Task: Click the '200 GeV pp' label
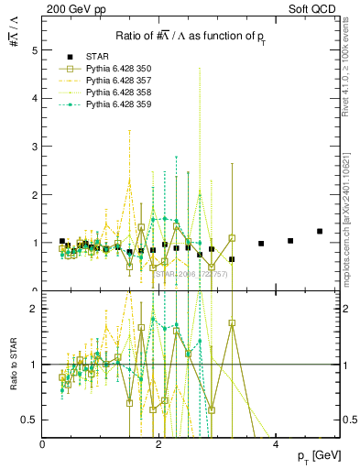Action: (x=70, y=7)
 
